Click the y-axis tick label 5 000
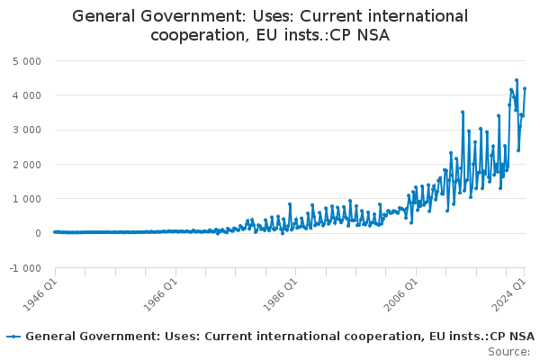click(26, 60)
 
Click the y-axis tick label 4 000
click(26, 94)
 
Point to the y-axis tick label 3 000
click(26, 130)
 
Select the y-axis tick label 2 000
click(26, 164)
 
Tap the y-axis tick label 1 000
click(26, 199)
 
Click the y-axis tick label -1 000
click(24, 268)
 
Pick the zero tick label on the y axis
click(37, 233)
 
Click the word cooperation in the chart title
click(198, 34)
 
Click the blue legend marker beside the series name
click(13, 337)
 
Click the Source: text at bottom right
click(508, 351)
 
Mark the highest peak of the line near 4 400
click(517, 80)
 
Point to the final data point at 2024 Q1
click(525, 88)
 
